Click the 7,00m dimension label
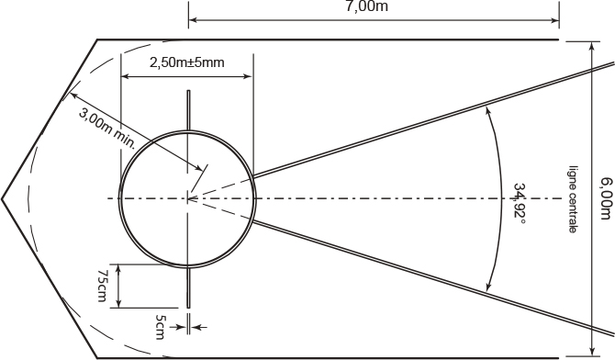[x=367, y=6]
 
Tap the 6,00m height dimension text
[x=606, y=198]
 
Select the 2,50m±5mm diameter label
[x=186, y=62]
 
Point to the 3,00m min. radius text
[x=107, y=129]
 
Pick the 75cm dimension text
[x=102, y=286]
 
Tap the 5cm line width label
[x=161, y=327]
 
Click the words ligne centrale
[x=573, y=199]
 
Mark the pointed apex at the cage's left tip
[x=2, y=199]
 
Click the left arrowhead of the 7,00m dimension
[x=192, y=20]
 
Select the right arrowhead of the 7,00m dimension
[x=555, y=20]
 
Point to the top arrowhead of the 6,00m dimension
[x=592, y=46]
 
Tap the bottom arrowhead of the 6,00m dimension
[x=592, y=352]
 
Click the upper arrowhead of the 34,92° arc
[x=487, y=110]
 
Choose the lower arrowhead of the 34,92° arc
[x=488, y=287]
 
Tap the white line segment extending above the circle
[x=189, y=110]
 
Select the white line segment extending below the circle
[x=189, y=287]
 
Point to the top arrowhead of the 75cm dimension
[x=118, y=269]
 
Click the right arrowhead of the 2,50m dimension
[x=248, y=76]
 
